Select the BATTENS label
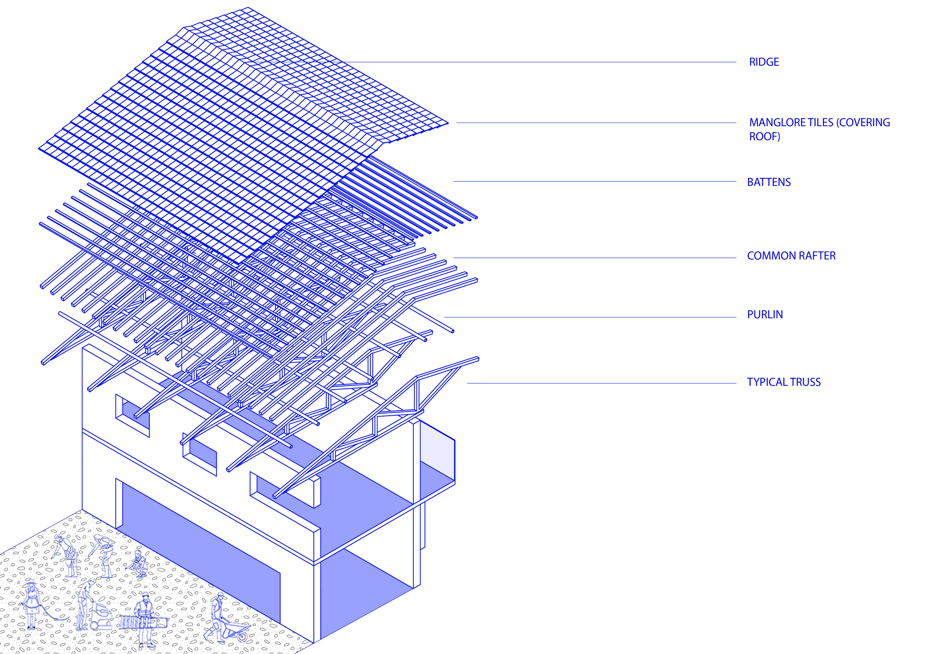(x=769, y=182)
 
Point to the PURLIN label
(x=765, y=315)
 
